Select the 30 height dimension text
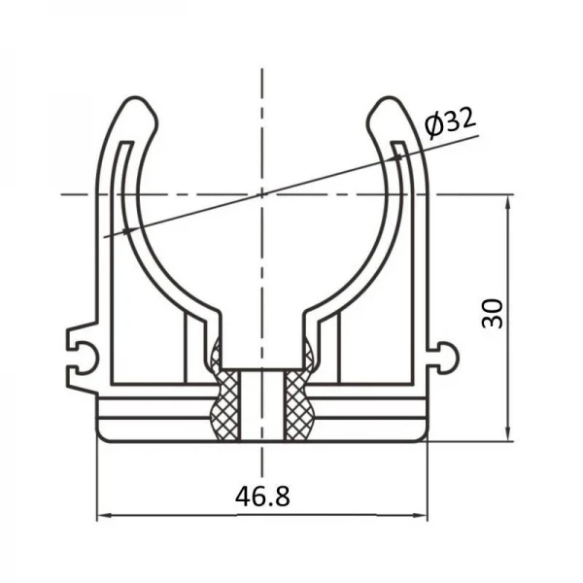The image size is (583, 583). click(x=494, y=313)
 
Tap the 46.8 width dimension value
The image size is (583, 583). click(x=261, y=496)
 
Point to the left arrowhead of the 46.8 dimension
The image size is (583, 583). click(x=103, y=515)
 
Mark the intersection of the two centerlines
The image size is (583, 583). click(x=261, y=194)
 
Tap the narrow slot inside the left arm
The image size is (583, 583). click(x=116, y=194)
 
